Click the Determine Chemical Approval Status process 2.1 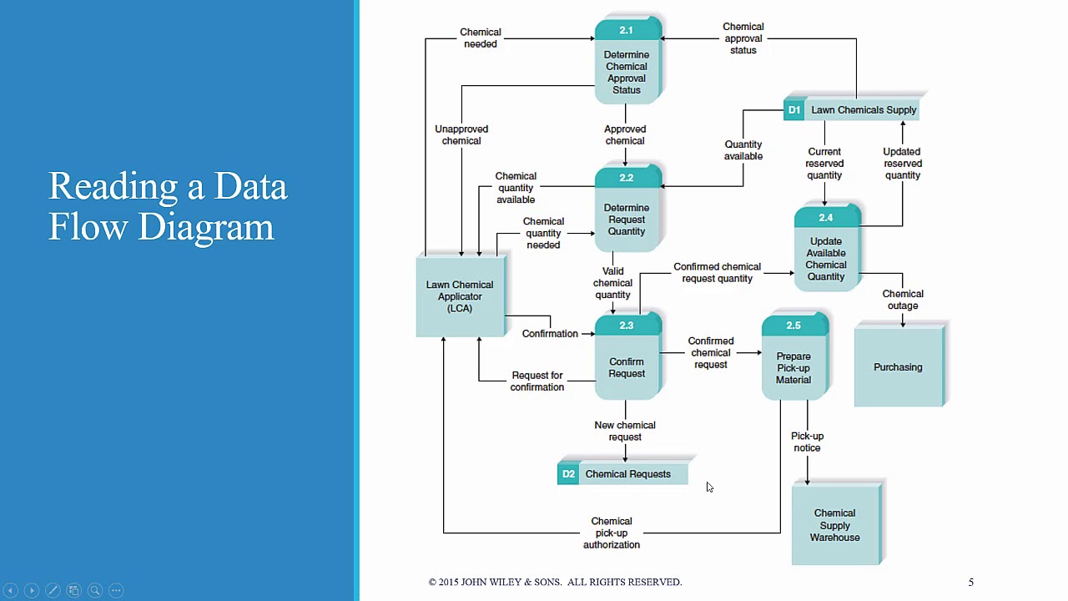pyautogui.click(x=627, y=67)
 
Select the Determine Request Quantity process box pyautogui.click(x=627, y=215)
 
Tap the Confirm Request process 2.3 pyautogui.click(x=627, y=363)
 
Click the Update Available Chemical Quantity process pyautogui.click(x=825, y=254)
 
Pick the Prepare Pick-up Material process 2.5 pyautogui.click(x=793, y=363)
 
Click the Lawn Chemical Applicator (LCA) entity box pyautogui.click(x=460, y=296)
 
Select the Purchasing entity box pyautogui.click(x=898, y=367)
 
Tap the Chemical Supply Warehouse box pyautogui.click(x=834, y=525)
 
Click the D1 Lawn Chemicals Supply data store pyautogui.click(x=852, y=110)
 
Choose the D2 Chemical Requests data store pyautogui.click(x=623, y=474)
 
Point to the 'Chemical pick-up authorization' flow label pyautogui.click(x=612, y=533)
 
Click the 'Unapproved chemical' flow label pyautogui.click(x=461, y=135)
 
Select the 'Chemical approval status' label pyautogui.click(x=743, y=38)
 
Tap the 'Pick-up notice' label pyautogui.click(x=807, y=442)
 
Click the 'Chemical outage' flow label pyautogui.click(x=903, y=300)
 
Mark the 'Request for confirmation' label pyautogui.click(x=537, y=381)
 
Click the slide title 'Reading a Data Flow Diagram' pyautogui.click(x=168, y=206)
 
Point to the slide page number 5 pyautogui.click(x=970, y=582)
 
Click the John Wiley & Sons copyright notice pyautogui.click(x=555, y=582)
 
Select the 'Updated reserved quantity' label pyautogui.click(x=902, y=164)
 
